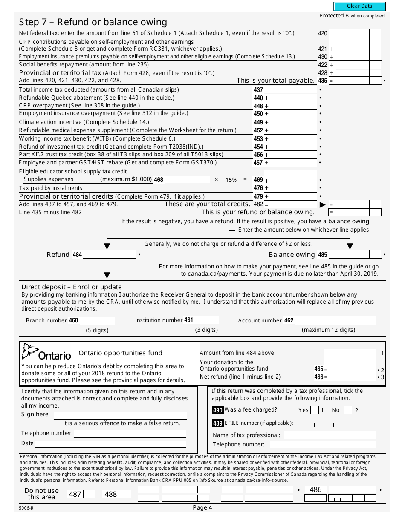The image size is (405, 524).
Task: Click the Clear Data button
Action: (359, 6)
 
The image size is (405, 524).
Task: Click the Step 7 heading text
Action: (93, 22)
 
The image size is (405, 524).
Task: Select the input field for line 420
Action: (349, 33)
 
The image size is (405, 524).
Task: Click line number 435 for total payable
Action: (323, 81)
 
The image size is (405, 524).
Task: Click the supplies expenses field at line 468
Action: (187, 180)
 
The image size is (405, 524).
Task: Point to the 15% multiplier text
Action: (231, 180)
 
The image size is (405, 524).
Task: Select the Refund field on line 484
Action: (104, 255)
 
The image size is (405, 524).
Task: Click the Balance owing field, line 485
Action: (349, 255)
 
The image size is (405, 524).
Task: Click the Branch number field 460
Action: (97, 321)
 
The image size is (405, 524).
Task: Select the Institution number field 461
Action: (206, 320)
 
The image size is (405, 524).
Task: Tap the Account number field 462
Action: (336, 321)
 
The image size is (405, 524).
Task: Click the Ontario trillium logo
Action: (30, 352)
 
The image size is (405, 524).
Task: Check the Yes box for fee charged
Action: (315, 410)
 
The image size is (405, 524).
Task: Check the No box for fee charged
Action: (348, 410)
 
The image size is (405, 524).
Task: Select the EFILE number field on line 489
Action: (329, 423)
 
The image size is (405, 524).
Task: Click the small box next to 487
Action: (90, 495)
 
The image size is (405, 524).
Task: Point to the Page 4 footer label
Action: (202, 507)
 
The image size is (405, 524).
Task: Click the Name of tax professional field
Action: (330, 435)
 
